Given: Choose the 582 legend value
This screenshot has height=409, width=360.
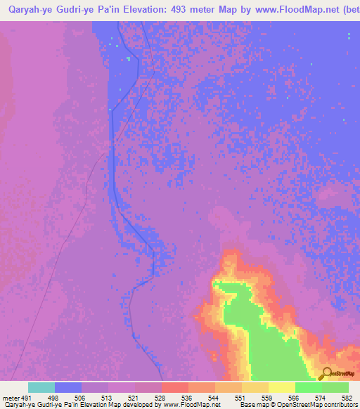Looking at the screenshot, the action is coord(346,397).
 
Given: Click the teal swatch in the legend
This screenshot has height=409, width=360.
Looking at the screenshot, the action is coord(41,387).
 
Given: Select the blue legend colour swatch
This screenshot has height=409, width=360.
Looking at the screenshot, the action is coord(68,387).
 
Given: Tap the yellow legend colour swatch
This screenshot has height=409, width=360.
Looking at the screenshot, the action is coord(282,387).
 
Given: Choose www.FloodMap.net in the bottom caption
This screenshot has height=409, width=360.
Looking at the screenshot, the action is coord(191,405).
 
